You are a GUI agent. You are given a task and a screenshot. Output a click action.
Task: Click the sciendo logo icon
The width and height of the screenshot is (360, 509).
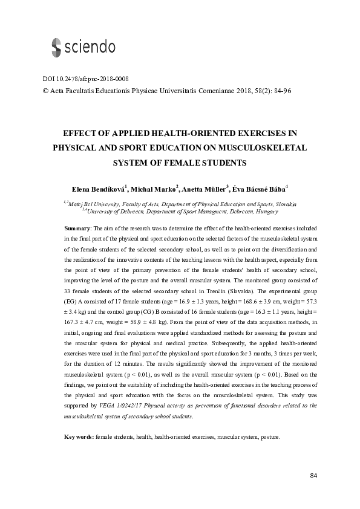click(55, 47)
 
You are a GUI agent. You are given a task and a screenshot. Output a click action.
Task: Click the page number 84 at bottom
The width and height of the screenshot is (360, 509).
click(313, 476)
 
